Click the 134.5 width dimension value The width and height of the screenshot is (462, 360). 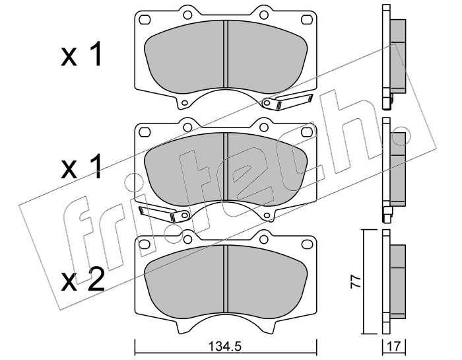coord(225,346)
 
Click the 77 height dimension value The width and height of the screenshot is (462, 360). coord(356,281)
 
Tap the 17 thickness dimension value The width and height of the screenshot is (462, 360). coord(395,346)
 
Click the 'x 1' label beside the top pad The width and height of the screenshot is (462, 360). coord(82,54)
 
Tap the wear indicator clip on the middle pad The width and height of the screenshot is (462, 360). coord(164,214)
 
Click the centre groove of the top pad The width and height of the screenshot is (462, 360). coord(226,54)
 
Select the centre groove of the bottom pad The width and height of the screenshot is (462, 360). coord(226,279)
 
